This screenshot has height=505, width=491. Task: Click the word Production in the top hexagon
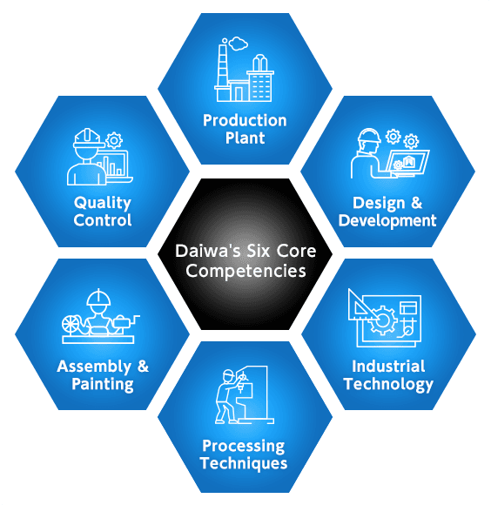[245, 121]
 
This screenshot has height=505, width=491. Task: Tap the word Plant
[245, 138]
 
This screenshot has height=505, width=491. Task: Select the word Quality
[103, 204]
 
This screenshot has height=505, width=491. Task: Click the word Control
[103, 220]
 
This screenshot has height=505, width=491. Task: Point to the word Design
[379, 204]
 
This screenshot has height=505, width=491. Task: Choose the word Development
[387, 221]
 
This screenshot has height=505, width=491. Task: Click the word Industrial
[388, 367]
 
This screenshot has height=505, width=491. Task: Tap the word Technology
[388, 385]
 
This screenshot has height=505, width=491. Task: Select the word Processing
[244, 447]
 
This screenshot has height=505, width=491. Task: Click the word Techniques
[244, 464]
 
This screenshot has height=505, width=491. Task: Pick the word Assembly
[94, 367]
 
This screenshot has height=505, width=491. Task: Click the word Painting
[103, 385]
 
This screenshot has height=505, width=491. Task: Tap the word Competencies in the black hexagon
[245, 271]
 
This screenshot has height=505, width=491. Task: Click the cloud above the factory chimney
[239, 44]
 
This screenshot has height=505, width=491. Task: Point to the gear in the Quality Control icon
[114, 140]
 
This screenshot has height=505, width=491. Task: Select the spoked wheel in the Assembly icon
[71, 324]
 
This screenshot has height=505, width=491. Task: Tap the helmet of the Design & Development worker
[369, 135]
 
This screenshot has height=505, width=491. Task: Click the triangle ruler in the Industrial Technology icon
[361, 305]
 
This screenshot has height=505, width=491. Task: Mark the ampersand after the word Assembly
[143, 367]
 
